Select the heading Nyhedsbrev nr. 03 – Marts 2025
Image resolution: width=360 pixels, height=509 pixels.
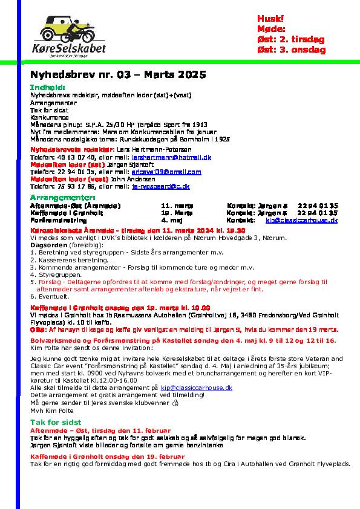click(x=118, y=75)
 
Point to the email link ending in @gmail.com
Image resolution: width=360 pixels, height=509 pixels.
click(x=158, y=172)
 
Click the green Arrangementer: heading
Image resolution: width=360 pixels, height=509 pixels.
click(x=62, y=198)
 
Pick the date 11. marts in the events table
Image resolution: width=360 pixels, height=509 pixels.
click(x=174, y=206)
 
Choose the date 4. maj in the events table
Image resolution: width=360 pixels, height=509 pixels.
click(x=169, y=221)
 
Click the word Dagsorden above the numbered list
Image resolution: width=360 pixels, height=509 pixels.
click(x=48, y=245)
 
